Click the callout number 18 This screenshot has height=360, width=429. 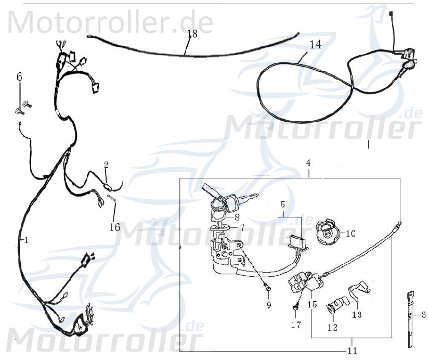[192, 34]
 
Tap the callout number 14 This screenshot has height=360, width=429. [315, 44]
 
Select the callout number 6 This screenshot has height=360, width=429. [19, 77]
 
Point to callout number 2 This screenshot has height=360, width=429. [106, 165]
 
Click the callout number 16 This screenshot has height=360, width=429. [114, 227]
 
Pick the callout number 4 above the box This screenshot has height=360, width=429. [308, 163]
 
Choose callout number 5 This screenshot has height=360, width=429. [283, 204]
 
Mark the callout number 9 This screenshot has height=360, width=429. [269, 305]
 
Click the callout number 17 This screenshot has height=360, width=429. [296, 325]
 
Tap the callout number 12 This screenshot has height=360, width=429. [332, 327]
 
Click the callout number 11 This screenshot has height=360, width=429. [353, 351]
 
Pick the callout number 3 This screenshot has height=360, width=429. [423, 315]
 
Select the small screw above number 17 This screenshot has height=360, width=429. [296, 308]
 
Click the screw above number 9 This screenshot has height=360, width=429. [267, 285]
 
